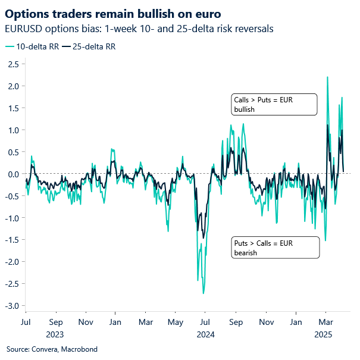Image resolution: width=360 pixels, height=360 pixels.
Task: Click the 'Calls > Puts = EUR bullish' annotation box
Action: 274,105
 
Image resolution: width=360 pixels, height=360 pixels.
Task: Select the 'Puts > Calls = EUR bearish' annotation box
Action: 275,248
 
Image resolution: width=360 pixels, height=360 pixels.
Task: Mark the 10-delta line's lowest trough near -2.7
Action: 204,293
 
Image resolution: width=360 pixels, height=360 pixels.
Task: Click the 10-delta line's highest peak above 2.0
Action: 327,77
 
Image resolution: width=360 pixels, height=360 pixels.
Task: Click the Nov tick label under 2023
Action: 85,323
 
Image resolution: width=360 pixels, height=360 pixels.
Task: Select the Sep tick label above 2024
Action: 236,323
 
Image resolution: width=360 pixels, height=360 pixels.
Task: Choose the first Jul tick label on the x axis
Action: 26,323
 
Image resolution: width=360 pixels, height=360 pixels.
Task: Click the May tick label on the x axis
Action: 175,323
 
